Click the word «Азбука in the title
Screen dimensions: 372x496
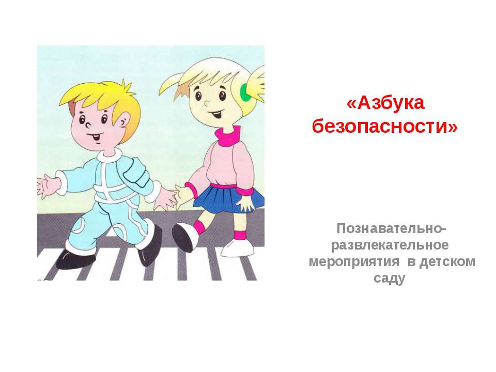tap(385, 103)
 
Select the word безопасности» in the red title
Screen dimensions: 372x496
tap(385, 125)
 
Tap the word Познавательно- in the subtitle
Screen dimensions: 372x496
tap(392, 228)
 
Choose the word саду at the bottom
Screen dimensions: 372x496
tap(392, 278)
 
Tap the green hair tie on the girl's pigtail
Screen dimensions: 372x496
tap(245, 93)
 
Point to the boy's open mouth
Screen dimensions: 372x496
tap(95, 136)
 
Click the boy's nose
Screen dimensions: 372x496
tap(87, 124)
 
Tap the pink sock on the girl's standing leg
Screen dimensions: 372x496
tap(240, 235)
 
